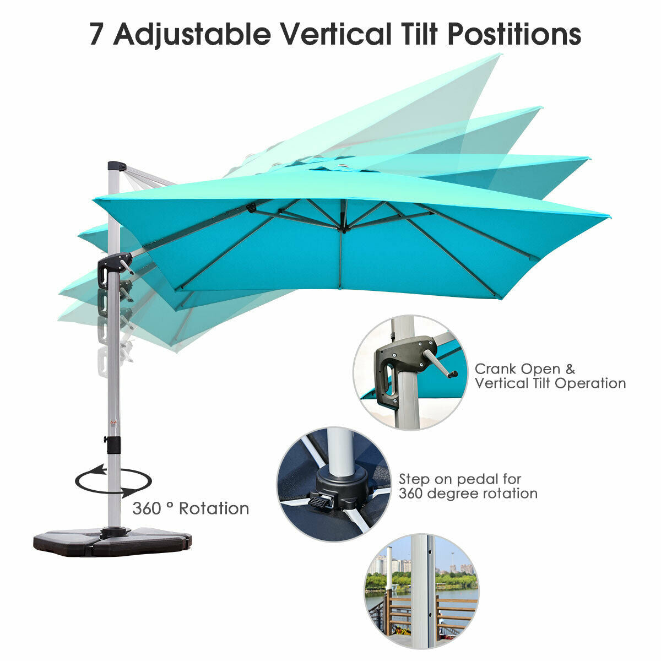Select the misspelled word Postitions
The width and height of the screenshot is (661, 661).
coord(514,34)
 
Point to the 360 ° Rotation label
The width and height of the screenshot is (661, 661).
coord(190,508)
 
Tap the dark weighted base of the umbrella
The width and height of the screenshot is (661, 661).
coord(113,542)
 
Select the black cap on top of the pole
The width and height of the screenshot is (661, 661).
coord(116,166)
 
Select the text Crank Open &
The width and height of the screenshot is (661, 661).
coord(524,368)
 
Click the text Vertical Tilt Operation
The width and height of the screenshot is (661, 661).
coord(550,383)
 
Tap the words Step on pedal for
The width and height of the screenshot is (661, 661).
coord(460,479)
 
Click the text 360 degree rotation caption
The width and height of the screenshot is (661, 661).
coord(468,494)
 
